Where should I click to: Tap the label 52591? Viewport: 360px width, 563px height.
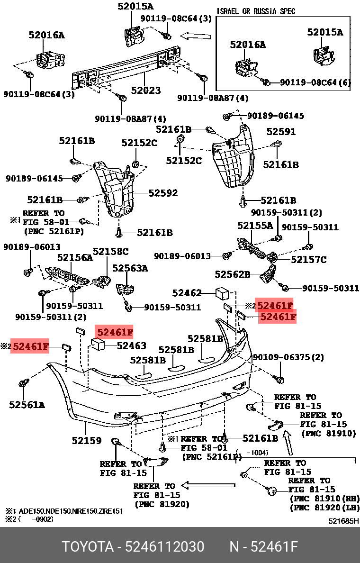pos(281,132)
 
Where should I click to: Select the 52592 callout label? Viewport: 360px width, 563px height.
pos(163,193)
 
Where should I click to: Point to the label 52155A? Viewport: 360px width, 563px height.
pos(255,226)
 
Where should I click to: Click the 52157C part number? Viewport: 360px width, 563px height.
pos(308,259)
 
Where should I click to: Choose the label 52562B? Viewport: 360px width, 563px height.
pos(232,274)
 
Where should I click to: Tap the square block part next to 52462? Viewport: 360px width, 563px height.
pos(222,293)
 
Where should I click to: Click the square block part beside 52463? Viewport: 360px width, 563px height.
pos(99,345)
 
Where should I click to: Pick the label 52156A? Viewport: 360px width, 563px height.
pos(75,258)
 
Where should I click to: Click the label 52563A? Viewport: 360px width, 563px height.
pos(130,268)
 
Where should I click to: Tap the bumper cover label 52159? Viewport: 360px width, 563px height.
pos(87,440)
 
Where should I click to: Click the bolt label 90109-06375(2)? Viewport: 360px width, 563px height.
pos(288,357)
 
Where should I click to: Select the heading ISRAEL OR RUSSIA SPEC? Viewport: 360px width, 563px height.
pos(256,11)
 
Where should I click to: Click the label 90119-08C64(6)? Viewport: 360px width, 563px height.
pos(315,82)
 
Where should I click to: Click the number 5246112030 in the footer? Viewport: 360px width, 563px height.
pos(164,547)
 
